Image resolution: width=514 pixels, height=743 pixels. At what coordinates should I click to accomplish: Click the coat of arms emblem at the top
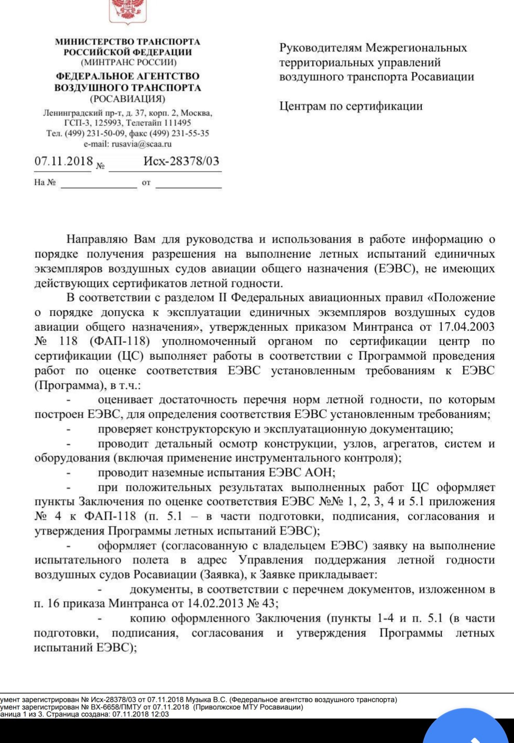click(127, 11)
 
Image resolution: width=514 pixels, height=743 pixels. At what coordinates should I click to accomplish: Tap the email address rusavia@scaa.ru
click(142, 144)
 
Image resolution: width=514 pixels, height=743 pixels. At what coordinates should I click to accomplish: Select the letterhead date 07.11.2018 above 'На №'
click(64, 161)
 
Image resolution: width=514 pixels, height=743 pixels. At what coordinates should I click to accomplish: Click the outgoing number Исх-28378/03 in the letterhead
click(181, 161)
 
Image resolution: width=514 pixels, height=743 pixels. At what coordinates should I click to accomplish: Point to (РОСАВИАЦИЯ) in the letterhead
click(127, 99)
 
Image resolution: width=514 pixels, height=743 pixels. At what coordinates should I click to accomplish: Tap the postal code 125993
click(109, 123)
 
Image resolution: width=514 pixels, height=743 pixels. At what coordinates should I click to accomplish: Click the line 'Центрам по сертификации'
click(351, 106)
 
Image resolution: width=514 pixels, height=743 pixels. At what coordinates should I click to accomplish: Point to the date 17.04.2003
click(466, 327)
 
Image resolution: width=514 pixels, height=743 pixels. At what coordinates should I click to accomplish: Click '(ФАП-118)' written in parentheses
click(120, 342)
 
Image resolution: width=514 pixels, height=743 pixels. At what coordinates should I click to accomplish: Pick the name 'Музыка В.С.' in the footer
click(206, 699)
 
